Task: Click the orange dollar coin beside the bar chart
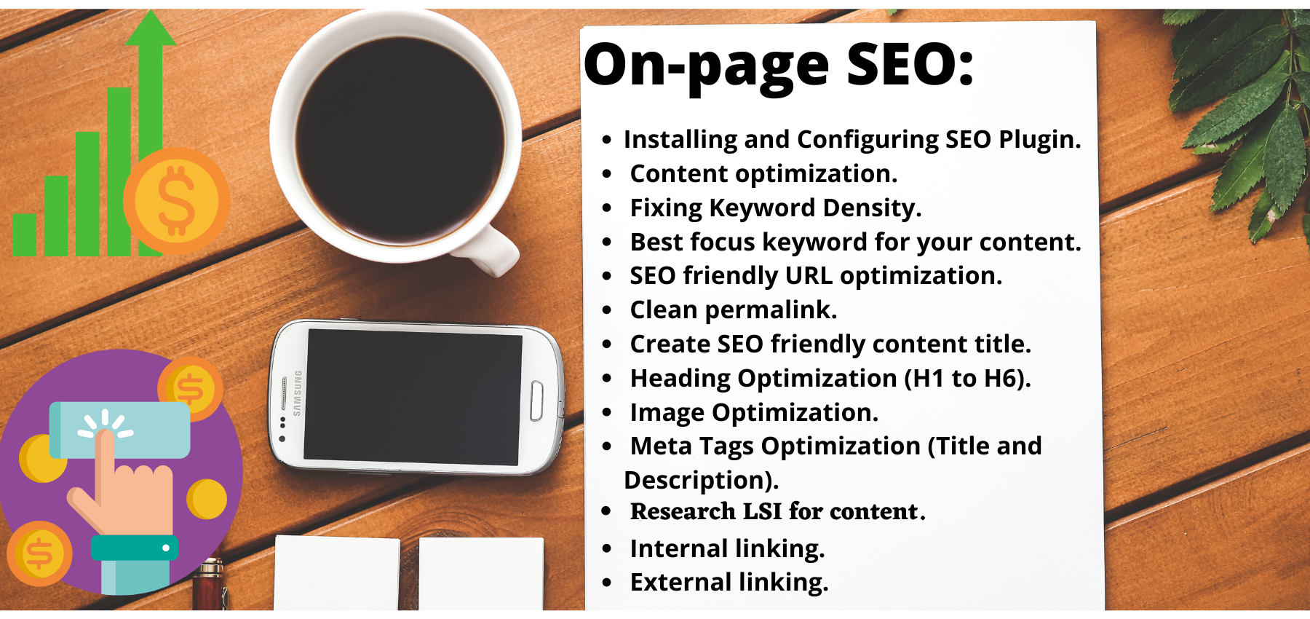tap(176, 201)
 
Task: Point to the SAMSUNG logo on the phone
tap(297, 393)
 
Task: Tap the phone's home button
tap(536, 400)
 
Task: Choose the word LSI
tap(762, 512)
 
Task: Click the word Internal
tap(679, 548)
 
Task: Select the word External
tap(680, 583)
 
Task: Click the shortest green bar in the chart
tap(24, 234)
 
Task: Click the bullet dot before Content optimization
tap(607, 174)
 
